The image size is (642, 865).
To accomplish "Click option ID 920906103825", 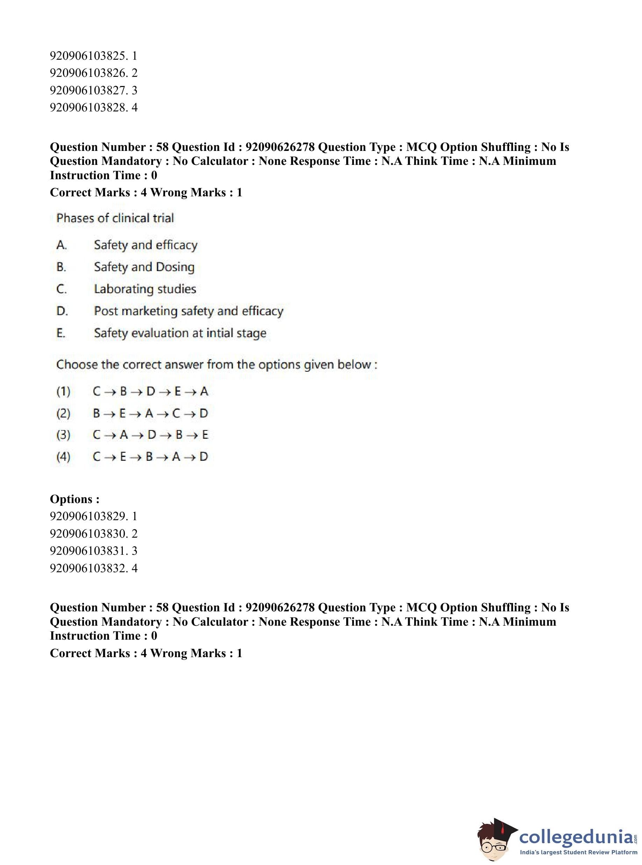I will pos(93,56).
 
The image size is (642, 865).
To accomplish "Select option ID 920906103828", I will pos(93,108).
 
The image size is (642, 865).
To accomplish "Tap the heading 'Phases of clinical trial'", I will pos(115,218).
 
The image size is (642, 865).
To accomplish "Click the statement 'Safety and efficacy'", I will pos(145,245).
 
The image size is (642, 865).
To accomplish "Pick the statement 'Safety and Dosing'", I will pos(144,267).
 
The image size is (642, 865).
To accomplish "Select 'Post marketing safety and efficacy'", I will pos(188,311).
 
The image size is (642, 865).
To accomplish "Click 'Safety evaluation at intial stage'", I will pos(180,333).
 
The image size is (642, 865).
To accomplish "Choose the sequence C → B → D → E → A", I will pos(150,391).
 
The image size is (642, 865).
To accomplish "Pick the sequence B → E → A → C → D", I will pos(150,414).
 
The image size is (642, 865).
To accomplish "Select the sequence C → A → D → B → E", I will pos(150,435).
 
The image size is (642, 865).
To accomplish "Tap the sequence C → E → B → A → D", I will pos(150,457).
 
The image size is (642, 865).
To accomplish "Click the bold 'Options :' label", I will pos(74,499).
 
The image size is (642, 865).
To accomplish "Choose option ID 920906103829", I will pos(93,516).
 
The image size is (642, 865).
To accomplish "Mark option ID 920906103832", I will pos(93,568).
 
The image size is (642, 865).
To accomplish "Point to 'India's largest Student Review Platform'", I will pos(578,852).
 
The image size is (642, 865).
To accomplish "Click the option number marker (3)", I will pos(63,435).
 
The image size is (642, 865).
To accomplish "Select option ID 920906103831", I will pos(93,551).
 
